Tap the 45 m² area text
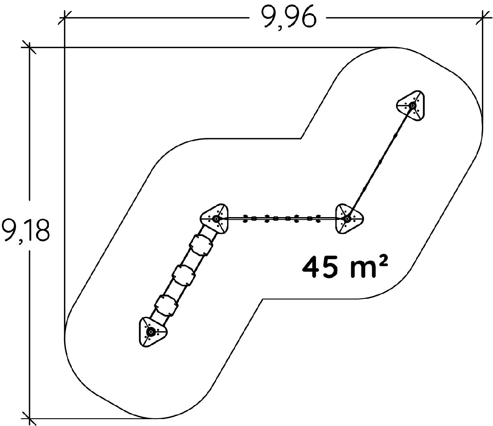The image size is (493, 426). point(345,267)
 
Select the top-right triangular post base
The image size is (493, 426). point(411,105)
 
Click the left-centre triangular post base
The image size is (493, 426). point(215,218)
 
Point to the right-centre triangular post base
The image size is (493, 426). point(349,218)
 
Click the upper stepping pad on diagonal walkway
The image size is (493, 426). point(201,245)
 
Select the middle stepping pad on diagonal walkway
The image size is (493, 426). point(184,275)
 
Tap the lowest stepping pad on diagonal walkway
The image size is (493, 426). point(166,305)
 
